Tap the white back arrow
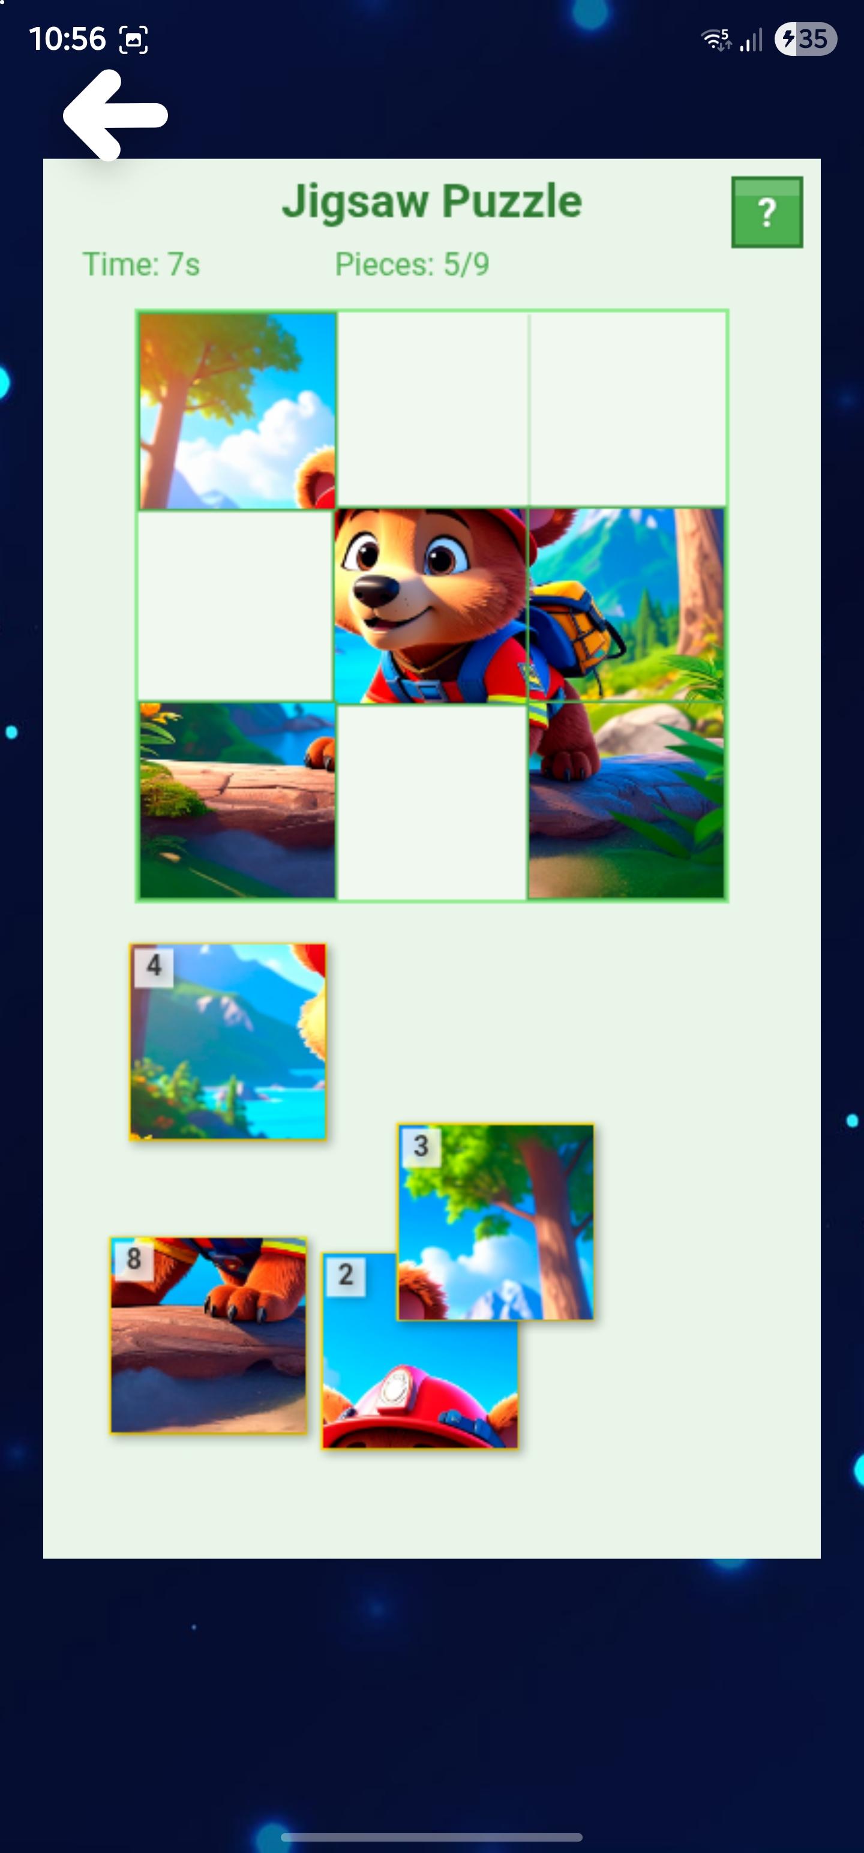pos(115,115)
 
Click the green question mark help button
pos(767,212)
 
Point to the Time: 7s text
pos(141,265)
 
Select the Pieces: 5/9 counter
pos(412,265)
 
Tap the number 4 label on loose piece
pos(153,966)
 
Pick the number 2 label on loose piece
pos(346,1275)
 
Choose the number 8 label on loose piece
pos(134,1259)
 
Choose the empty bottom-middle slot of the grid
pos(431,802)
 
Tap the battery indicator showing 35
pos(806,39)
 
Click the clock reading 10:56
pos(67,39)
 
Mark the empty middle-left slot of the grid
pos(236,605)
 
